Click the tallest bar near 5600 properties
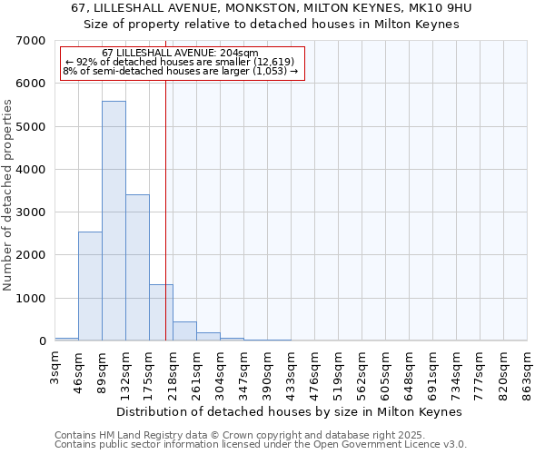click(x=114, y=221)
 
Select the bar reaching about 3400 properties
click(x=137, y=268)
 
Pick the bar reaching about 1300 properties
click(x=161, y=312)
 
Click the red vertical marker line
click(x=165, y=209)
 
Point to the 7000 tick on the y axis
click(x=31, y=41)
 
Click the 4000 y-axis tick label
click(x=31, y=170)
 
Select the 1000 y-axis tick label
click(x=31, y=299)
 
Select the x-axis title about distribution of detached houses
click(x=291, y=411)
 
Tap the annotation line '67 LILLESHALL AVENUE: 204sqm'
click(x=181, y=53)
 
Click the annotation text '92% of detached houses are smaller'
click(x=181, y=62)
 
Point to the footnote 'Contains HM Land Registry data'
click(x=182, y=435)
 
